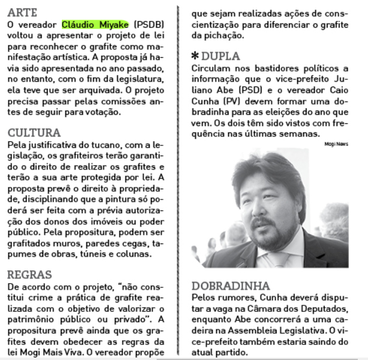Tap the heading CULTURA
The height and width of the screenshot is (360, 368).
(x=35, y=133)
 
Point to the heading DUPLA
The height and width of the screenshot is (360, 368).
(x=220, y=56)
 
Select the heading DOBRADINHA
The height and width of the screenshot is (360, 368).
(x=232, y=285)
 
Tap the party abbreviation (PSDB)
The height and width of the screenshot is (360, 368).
(x=149, y=24)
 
